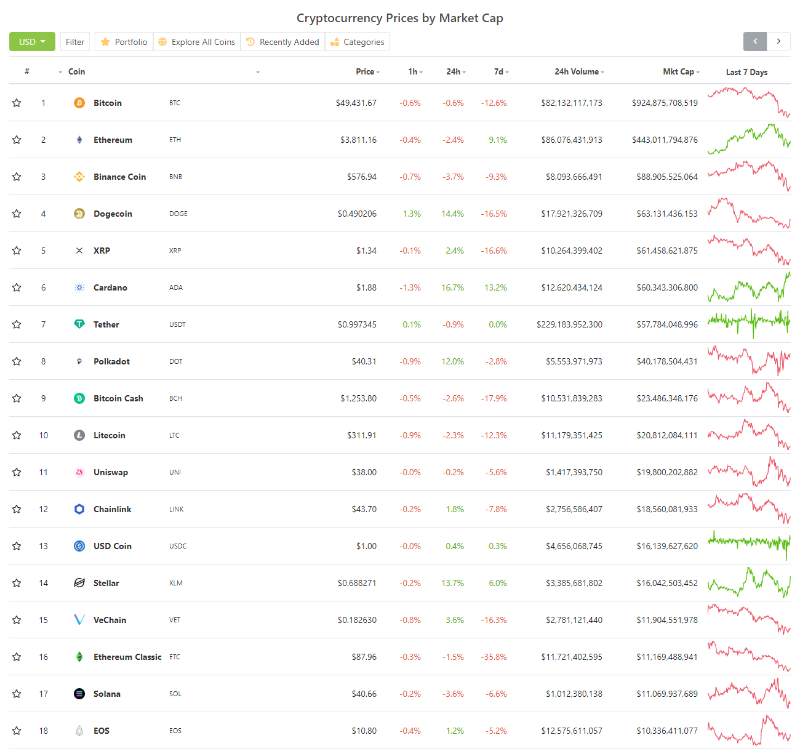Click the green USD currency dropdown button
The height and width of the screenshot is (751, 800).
point(32,42)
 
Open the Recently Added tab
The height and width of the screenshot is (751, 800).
point(283,42)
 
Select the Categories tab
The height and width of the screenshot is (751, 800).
point(358,42)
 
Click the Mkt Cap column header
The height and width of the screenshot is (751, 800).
point(679,72)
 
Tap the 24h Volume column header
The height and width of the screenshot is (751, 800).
point(577,72)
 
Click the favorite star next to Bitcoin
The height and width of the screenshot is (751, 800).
point(17,103)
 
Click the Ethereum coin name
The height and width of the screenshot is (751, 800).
point(113,140)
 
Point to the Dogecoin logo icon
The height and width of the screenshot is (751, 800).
point(79,214)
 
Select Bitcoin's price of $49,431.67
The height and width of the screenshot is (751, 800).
point(356,103)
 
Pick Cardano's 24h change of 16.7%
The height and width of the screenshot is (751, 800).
point(452,287)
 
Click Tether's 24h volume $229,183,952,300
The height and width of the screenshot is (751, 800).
point(569,324)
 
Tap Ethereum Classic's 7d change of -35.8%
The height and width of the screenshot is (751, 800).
point(494,657)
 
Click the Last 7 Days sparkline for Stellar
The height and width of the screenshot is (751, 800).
point(749,582)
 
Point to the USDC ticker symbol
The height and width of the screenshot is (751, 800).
point(178,546)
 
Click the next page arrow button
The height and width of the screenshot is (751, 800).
point(778,41)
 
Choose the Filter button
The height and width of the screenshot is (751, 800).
point(75,42)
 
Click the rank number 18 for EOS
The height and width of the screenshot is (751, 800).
point(43,731)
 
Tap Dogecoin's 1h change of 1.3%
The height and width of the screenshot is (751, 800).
point(412,214)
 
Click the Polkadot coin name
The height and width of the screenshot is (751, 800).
point(111,361)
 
